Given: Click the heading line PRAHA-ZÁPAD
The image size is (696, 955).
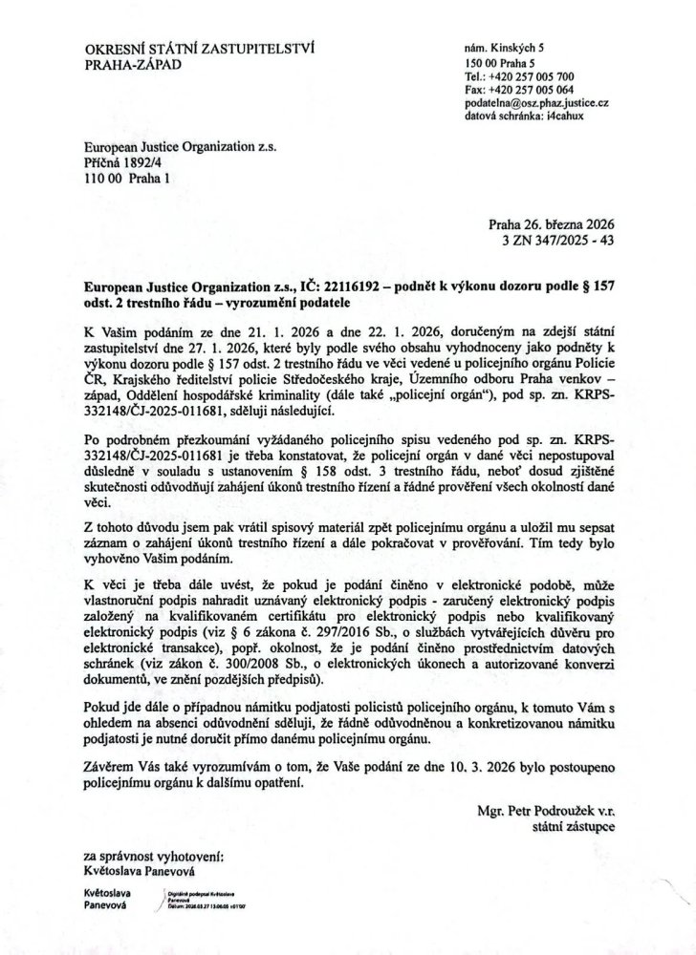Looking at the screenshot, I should (x=131, y=64).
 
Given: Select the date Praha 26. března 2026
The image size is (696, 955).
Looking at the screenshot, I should (x=549, y=223).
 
